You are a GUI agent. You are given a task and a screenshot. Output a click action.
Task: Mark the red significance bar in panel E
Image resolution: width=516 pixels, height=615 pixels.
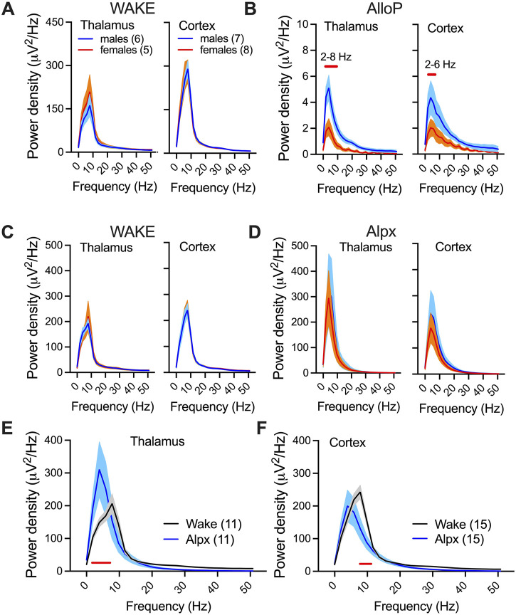tap(101, 562)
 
